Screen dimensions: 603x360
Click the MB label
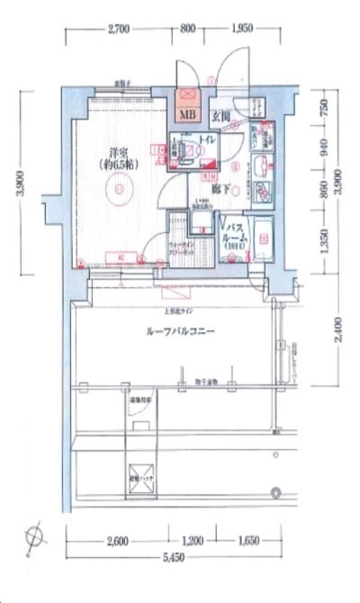pos(188,114)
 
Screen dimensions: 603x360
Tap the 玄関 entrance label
pos(220,114)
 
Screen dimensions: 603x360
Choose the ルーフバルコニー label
pos(180,331)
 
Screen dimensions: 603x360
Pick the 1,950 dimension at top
pos(241,30)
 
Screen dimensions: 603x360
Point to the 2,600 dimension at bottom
pos(117,544)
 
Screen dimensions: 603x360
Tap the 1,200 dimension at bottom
pos(194,544)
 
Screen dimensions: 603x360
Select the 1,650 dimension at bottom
pos(249,544)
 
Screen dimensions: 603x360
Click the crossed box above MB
pos(188,95)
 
